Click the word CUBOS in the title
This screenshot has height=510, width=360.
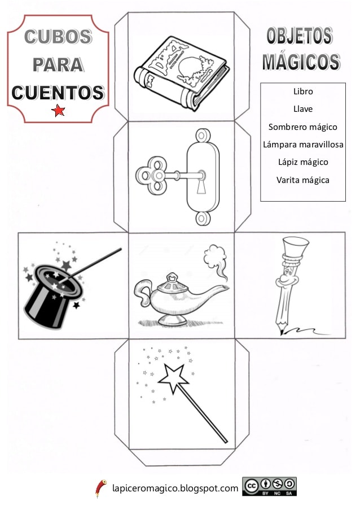(58, 36)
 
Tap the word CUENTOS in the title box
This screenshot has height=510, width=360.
(58, 93)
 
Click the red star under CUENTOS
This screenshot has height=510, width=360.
(58, 111)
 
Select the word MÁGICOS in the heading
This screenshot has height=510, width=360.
(301, 62)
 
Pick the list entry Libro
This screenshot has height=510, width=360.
(303, 91)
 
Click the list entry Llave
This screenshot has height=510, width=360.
(303, 109)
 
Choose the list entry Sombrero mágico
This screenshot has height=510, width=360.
(303, 127)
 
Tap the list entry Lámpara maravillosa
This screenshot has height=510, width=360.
(303, 145)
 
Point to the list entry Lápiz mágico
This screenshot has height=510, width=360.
(303, 162)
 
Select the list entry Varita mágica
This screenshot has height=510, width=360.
(303, 180)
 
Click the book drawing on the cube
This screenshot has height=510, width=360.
(181, 73)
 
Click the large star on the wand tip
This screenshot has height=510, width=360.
(174, 378)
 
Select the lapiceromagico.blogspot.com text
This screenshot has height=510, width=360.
(175, 488)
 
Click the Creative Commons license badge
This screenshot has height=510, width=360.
(269, 487)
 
